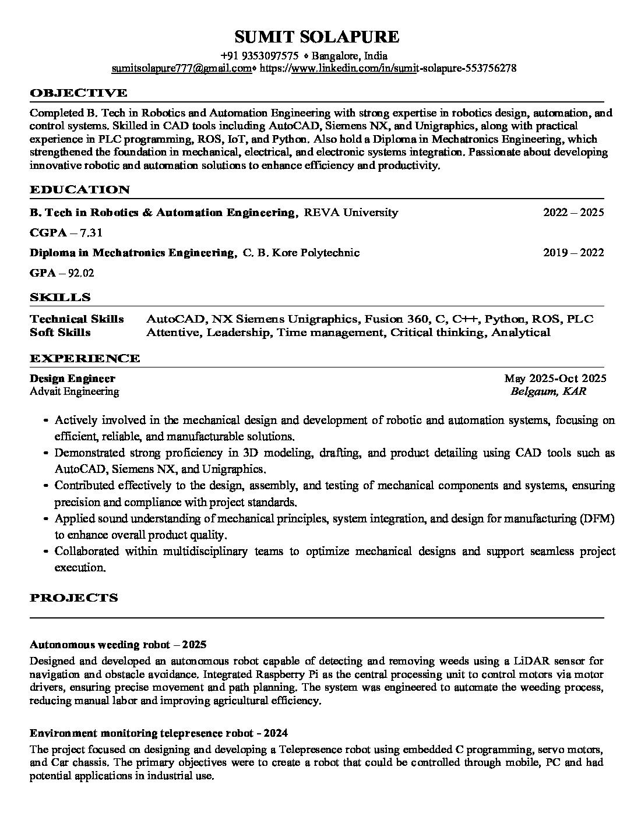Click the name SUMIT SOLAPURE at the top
click(316, 37)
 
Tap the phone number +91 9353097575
click(260, 56)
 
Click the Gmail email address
click(181, 68)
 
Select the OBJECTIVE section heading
click(78, 93)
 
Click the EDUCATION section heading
click(80, 189)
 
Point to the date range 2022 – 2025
click(573, 213)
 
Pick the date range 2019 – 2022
click(573, 253)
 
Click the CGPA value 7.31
click(91, 233)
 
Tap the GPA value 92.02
click(81, 273)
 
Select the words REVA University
click(350, 213)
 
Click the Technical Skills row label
click(77, 319)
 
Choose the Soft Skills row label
click(60, 333)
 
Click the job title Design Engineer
click(72, 379)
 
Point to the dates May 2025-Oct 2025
click(555, 379)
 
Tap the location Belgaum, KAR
click(548, 391)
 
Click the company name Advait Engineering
click(74, 391)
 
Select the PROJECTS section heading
click(73, 598)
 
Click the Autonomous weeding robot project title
click(118, 645)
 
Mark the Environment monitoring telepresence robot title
click(158, 733)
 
